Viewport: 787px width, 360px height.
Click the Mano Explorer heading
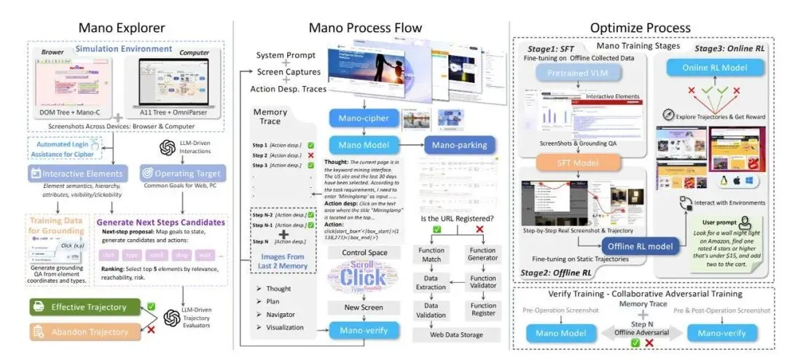coord(116,28)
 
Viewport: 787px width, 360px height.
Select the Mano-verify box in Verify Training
coord(721,334)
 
